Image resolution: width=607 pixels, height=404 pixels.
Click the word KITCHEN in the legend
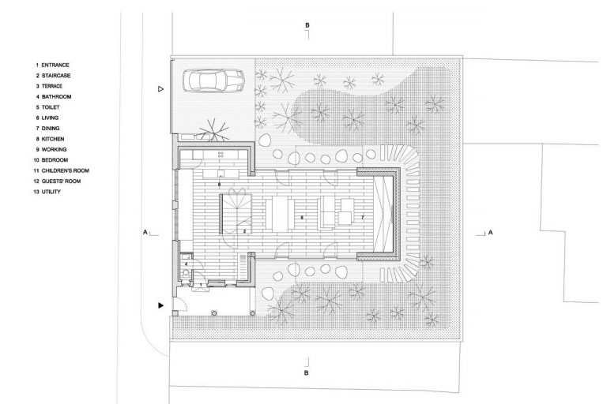tap(53, 139)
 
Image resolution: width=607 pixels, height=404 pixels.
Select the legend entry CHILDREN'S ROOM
tap(65, 170)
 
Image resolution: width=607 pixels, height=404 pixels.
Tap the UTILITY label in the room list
tap(51, 192)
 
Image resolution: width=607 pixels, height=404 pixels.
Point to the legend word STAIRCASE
tap(56, 76)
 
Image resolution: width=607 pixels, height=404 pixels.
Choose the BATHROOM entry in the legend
tap(57, 96)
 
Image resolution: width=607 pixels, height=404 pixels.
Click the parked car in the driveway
tap(213, 80)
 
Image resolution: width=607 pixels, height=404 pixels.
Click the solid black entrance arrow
tap(160, 305)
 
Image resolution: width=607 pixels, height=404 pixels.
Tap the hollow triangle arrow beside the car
tap(160, 89)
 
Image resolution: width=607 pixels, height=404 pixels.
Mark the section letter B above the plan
tap(307, 25)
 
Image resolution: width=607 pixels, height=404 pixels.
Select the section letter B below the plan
tap(306, 373)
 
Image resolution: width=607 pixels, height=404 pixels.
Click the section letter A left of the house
tap(145, 232)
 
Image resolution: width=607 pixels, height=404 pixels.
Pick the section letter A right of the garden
tap(491, 232)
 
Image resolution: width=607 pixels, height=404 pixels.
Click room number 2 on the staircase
tap(245, 231)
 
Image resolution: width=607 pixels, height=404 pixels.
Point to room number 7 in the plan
tap(362, 218)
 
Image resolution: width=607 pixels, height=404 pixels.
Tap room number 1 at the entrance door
tap(201, 285)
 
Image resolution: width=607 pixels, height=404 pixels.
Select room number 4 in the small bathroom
tap(187, 264)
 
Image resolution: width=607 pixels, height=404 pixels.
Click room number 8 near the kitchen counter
tap(219, 185)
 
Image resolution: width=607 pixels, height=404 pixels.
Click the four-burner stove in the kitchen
tap(221, 155)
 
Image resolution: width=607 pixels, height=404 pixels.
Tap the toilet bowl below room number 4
tap(187, 273)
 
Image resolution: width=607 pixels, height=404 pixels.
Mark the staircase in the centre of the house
tap(236, 214)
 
